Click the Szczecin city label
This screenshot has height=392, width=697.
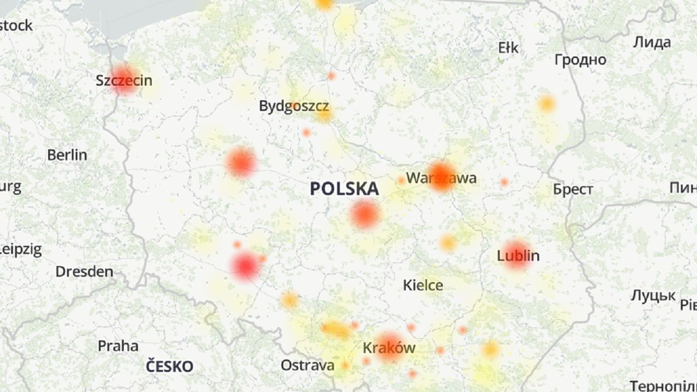click(124, 81)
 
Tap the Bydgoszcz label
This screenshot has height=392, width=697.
click(294, 106)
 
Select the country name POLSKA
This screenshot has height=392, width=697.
click(344, 189)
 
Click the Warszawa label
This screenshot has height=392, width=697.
click(441, 178)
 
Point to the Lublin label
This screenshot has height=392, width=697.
click(518, 256)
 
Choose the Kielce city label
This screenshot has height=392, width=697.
click(423, 285)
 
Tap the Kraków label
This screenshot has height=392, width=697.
click(389, 348)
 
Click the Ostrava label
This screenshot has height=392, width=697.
click(307, 365)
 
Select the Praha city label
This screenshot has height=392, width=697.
click(118, 346)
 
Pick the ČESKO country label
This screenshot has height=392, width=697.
click(169, 366)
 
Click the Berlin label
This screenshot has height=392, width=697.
click(67, 155)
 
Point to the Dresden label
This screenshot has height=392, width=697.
click(84, 271)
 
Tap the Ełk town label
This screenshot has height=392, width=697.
click(508, 48)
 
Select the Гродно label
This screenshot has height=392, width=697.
click(580, 60)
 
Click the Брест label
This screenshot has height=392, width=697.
click(573, 189)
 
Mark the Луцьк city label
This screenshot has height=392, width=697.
click(653, 296)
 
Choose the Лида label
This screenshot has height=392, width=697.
click(652, 42)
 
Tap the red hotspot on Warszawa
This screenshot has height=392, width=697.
click(441, 176)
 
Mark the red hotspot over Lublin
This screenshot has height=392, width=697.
click(516, 254)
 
